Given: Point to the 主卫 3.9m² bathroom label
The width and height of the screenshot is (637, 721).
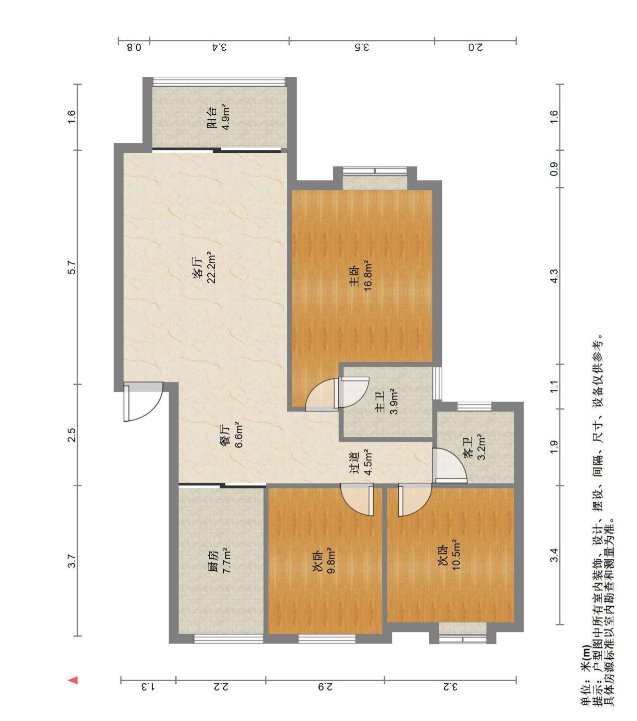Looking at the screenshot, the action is [x=387, y=402].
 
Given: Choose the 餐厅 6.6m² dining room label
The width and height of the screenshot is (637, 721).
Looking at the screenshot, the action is [x=232, y=435].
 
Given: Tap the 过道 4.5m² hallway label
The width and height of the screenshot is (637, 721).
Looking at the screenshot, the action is [x=361, y=462].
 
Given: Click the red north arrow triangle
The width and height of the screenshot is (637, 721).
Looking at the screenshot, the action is [x=73, y=680].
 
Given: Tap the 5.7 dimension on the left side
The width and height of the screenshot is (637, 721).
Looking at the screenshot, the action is [x=72, y=267].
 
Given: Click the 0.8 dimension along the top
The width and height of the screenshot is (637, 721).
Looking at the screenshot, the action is [x=134, y=47].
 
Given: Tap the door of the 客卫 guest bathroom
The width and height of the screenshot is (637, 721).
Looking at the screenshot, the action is [x=449, y=465].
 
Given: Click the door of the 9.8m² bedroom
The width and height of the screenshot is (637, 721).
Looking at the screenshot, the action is [x=357, y=500].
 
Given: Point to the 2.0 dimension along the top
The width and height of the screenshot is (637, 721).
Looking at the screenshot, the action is [x=475, y=47].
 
